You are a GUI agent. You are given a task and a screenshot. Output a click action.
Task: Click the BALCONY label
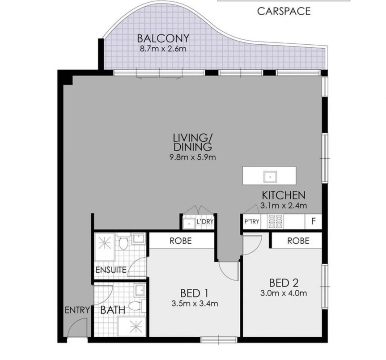[x=163, y=38]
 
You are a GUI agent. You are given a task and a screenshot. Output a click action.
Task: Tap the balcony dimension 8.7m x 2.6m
[x=163, y=49]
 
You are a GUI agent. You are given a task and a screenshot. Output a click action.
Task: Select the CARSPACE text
[x=284, y=11]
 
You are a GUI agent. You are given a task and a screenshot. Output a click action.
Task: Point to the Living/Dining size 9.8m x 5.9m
[x=192, y=157]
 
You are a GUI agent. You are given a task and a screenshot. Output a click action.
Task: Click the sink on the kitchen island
[x=270, y=177]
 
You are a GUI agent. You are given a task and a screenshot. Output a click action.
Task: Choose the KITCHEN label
[x=284, y=195]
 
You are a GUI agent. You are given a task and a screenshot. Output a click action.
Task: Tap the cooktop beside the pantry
[x=275, y=221]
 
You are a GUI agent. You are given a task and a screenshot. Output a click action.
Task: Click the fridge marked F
[x=314, y=221]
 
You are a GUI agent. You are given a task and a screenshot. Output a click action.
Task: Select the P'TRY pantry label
[x=251, y=222]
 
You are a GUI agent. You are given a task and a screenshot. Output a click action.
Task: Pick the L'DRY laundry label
[x=205, y=221]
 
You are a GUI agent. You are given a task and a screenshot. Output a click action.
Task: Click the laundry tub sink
[x=189, y=224]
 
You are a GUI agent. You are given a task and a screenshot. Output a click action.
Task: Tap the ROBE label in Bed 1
[x=181, y=241]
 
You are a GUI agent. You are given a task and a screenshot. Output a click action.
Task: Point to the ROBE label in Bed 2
[x=298, y=241]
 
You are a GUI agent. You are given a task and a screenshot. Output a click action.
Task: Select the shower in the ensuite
[x=105, y=247]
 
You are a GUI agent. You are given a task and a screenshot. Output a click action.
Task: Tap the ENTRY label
[x=77, y=310]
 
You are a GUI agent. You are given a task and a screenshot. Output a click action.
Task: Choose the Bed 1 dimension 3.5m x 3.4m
[x=195, y=304]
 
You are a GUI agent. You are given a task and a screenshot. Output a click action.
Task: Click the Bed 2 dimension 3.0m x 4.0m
[x=284, y=293]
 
